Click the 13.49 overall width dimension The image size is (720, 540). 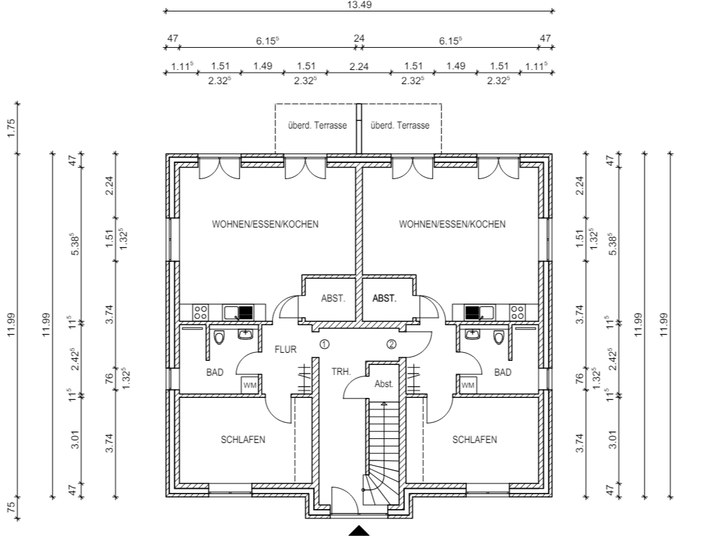359,5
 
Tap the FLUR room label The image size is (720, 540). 285,349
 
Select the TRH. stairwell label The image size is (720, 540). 341,372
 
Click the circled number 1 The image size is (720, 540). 324,344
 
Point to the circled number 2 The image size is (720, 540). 391,344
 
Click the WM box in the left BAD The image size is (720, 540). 250,385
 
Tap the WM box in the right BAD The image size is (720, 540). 468,385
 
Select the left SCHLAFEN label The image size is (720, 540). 243,440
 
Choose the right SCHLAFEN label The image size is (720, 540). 474,440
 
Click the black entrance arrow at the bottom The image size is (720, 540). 359,531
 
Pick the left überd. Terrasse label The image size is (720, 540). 318,125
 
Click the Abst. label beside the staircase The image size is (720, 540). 384,384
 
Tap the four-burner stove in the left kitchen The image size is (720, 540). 201,312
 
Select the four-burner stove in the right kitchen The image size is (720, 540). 517,312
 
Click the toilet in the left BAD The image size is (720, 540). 219,338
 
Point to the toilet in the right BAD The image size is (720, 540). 499,338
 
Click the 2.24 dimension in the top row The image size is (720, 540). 359,67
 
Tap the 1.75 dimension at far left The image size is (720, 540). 11,128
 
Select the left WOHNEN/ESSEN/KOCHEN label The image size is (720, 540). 265,224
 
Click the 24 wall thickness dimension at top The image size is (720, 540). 359,38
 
